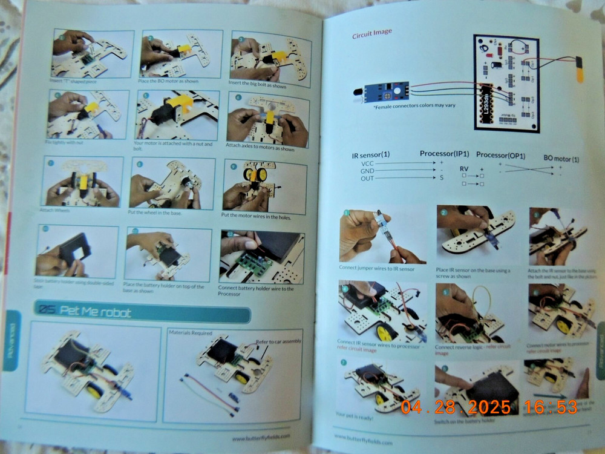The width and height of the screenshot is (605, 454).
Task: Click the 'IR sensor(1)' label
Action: click(x=371, y=156)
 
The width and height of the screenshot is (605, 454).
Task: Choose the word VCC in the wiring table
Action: click(x=367, y=163)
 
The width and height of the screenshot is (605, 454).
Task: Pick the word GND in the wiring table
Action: click(x=367, y=171)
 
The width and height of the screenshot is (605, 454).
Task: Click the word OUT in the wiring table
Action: click(x=367, y=178)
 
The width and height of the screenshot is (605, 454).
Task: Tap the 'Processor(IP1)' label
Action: click(x=444, y=154)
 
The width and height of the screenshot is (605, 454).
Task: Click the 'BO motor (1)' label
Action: click(x=561, y=158)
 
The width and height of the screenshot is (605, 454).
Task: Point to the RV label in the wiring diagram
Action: click(x=464, y=169)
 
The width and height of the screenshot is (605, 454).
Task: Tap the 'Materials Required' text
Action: click(x=190, y=332)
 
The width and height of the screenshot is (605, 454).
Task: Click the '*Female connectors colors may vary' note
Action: click(x=406, y=105)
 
